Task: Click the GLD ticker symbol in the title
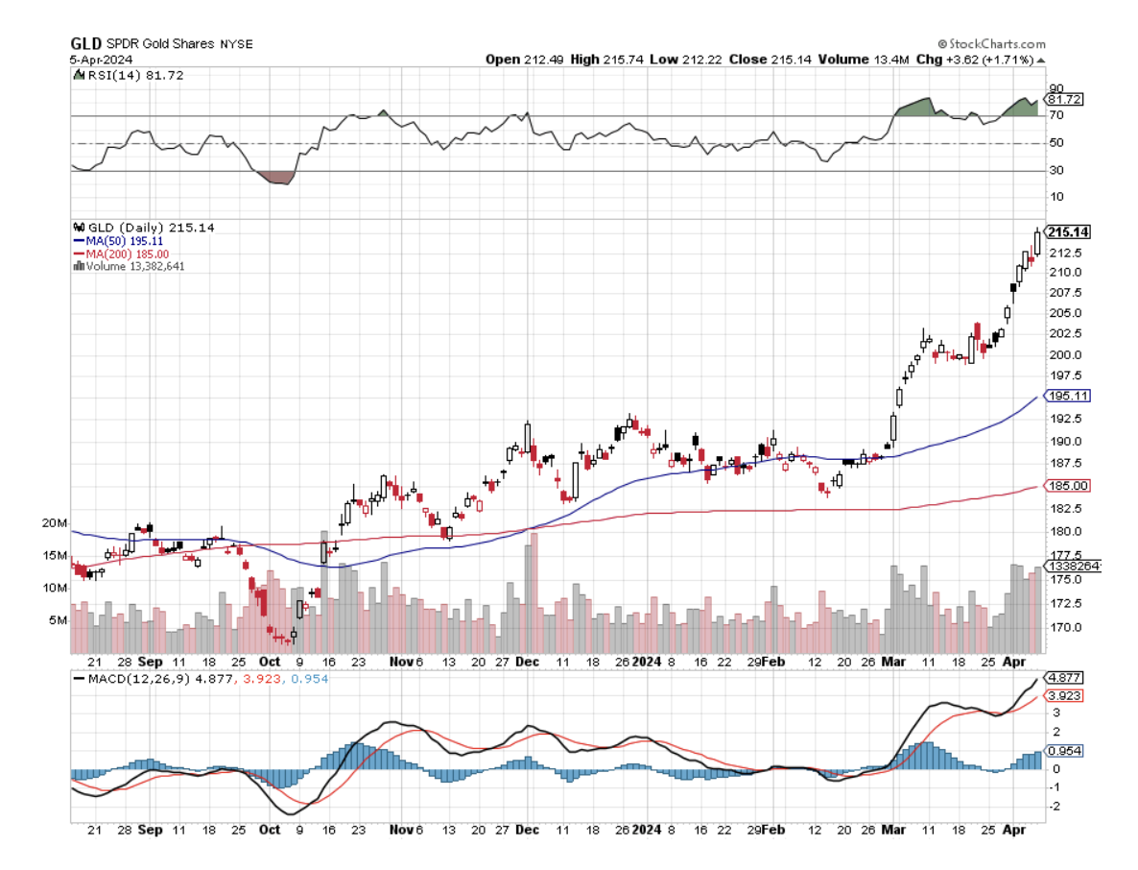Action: click(83, 44)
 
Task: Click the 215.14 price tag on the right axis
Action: click(1068, 232)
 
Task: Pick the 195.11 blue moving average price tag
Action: click(1068, 396)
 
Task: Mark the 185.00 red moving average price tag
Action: click(1068, 486)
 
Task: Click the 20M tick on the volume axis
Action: click(55, 523)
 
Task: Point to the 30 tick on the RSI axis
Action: click(1055, 171)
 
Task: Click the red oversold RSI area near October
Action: click(275, 178)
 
